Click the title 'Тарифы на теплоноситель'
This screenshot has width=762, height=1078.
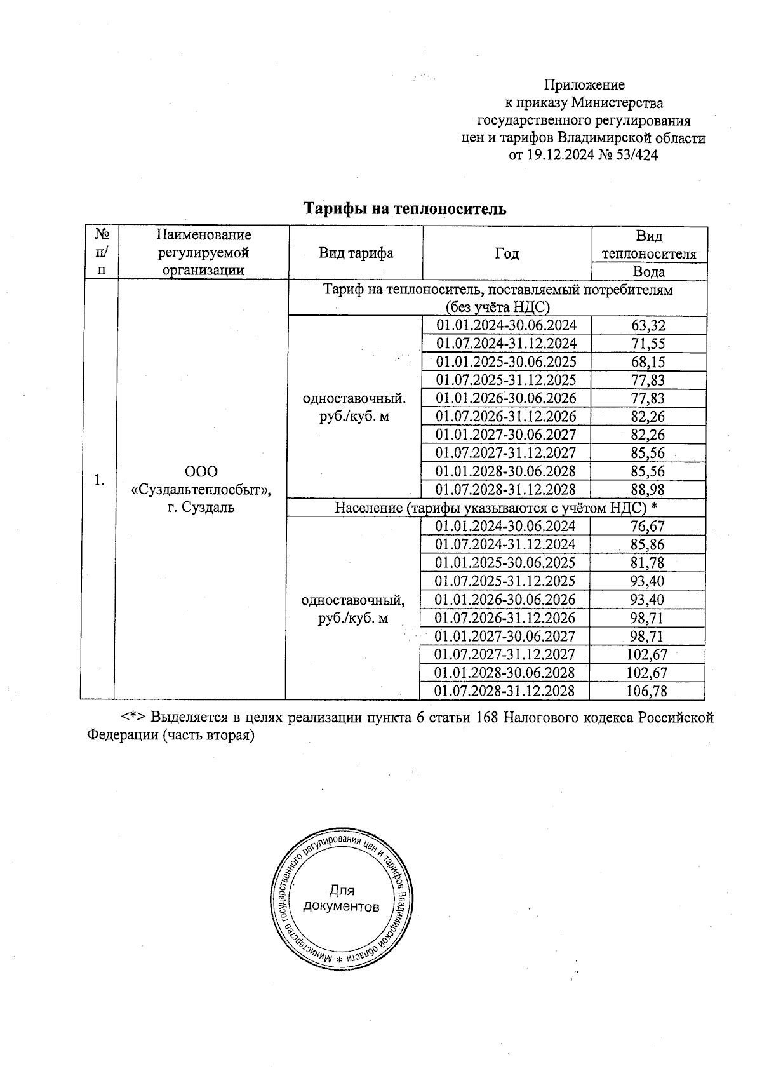[404, 209]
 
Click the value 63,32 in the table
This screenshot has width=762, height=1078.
[648, 326]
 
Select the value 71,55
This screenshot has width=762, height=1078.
[648, 344]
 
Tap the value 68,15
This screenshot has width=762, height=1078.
[648, 362]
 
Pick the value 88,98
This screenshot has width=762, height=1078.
[648, 490]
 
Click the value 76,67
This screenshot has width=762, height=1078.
[647, 527]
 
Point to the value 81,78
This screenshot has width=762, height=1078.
[647, 563]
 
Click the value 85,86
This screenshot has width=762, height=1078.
[647, 545]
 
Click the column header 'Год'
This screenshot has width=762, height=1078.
[506, 254]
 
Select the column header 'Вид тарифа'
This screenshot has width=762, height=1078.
[356, 253]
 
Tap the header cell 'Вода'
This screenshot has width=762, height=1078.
[649, 273]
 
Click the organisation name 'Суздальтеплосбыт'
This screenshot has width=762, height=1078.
[201, 490]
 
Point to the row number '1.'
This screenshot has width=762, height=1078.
[99, 480]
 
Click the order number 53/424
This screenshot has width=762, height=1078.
[637, 154]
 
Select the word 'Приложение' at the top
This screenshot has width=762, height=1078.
[584, 85]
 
